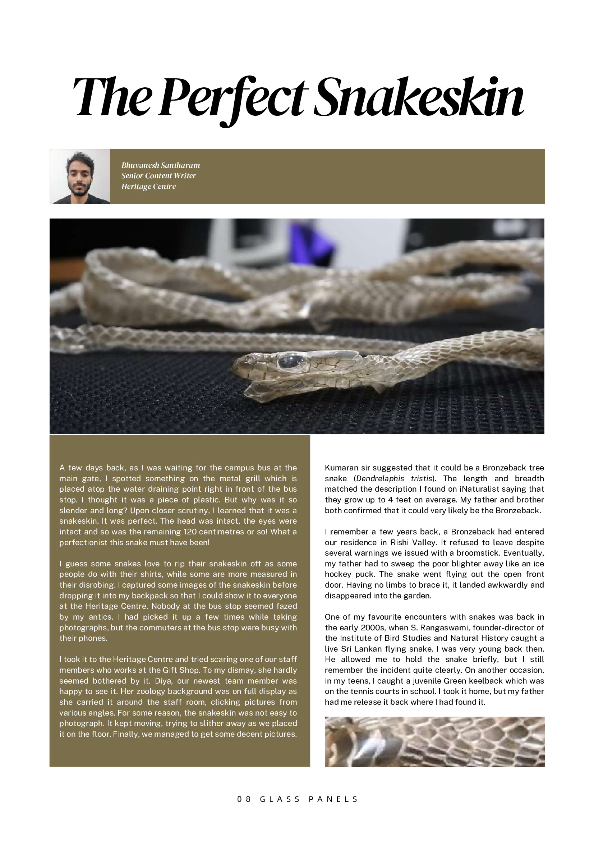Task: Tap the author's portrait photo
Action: click(80, 176)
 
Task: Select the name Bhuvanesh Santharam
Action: click(160, 165)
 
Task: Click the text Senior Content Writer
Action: click(158, 176)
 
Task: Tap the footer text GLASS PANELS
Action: click(308, 799)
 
